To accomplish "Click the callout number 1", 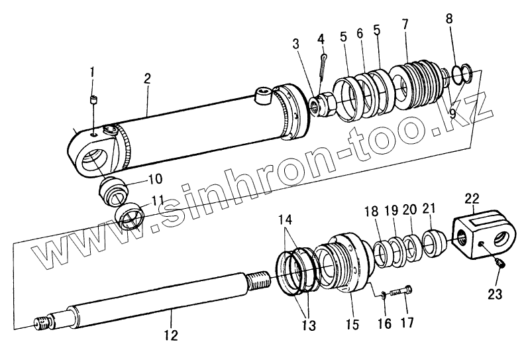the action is (x=93, y=72).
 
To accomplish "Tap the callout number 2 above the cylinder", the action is (x=148, y=78).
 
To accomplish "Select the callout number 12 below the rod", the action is (x=171, y=335).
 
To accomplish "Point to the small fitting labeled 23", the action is (x=501, y=266).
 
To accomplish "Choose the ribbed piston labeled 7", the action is (x=415, y=82).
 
